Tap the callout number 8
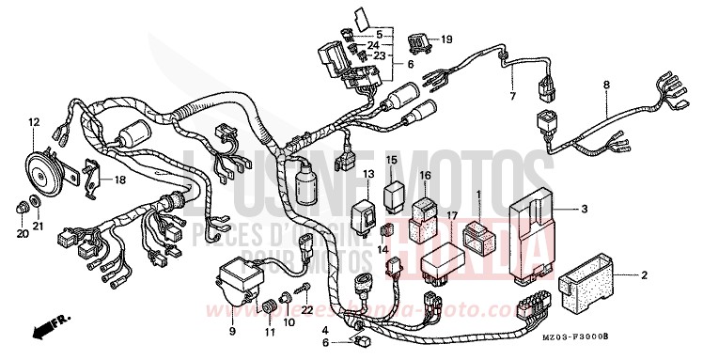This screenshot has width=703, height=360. pos(606,85)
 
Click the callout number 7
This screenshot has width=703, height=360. pos(513,96)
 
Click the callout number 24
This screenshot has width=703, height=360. pos(375,44)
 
